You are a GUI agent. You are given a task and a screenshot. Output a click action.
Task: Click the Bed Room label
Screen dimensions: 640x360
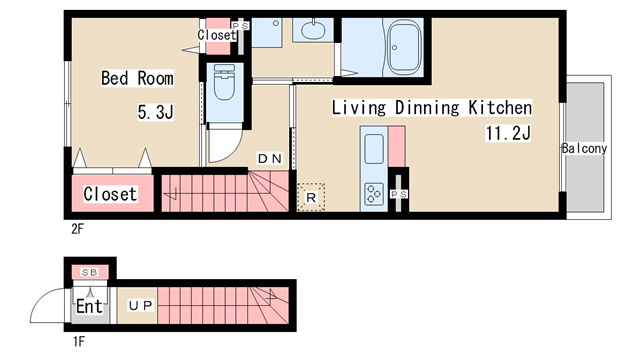[137, 78]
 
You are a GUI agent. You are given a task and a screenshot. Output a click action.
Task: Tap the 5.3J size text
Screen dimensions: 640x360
[155, 112]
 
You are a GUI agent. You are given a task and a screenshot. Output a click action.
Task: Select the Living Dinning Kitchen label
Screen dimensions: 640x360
[431, 108]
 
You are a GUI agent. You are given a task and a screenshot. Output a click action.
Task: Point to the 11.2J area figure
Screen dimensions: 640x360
[508, 133]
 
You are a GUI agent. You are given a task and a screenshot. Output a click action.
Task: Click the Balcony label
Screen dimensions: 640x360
[584, 148]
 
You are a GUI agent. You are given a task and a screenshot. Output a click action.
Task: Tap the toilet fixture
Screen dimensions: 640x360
[224, 84]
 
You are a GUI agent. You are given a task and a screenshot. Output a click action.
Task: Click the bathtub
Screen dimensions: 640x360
[404, 47]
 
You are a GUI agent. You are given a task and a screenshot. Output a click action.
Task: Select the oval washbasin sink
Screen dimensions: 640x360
[313, 29]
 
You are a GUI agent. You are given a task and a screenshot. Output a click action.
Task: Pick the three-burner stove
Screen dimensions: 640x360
[374, 194]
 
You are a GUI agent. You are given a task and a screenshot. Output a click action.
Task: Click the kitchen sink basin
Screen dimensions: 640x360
[374, 149]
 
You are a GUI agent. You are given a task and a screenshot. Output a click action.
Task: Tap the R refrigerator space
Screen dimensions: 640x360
[311, 198]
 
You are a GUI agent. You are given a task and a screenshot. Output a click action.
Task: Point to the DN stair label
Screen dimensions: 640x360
[270, 158]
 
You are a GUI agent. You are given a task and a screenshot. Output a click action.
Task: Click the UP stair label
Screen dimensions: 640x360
[141, 305]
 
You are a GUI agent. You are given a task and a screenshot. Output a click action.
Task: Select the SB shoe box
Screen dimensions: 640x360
[90, 272]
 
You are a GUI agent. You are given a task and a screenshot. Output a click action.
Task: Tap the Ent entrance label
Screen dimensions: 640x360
[89, 306]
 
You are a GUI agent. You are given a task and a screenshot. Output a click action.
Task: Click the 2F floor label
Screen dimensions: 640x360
[77, 229]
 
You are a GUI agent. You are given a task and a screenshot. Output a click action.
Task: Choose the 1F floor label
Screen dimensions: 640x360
[79, 341]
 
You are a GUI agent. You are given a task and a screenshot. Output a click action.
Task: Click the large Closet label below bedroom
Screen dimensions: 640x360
[110, 194]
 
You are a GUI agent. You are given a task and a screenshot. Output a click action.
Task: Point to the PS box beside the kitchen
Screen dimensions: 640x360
[398, 194]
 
